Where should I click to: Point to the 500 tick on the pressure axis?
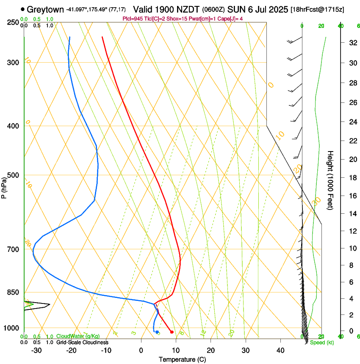pyautogui.click(x=13, y=175)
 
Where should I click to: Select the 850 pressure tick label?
pyautogui.click(x=13, y=292)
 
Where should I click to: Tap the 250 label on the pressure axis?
pyautogui.click(x=13, y=22)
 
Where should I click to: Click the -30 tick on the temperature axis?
pyautogui.click(x=36, y=350)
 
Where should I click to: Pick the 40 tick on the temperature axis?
pyautogui.click(x=280, y=350)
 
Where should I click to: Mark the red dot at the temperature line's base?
pyautogui.click(x=172, y=332)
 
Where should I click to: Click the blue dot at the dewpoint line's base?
pyautogui.click(x=157, y=332)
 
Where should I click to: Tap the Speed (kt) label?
pyautogui.click(x=322, y=342)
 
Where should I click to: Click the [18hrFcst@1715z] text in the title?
pyautogui.click(x=324, y=9)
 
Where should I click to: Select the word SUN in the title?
pyautogui.click(x=236, y=9)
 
